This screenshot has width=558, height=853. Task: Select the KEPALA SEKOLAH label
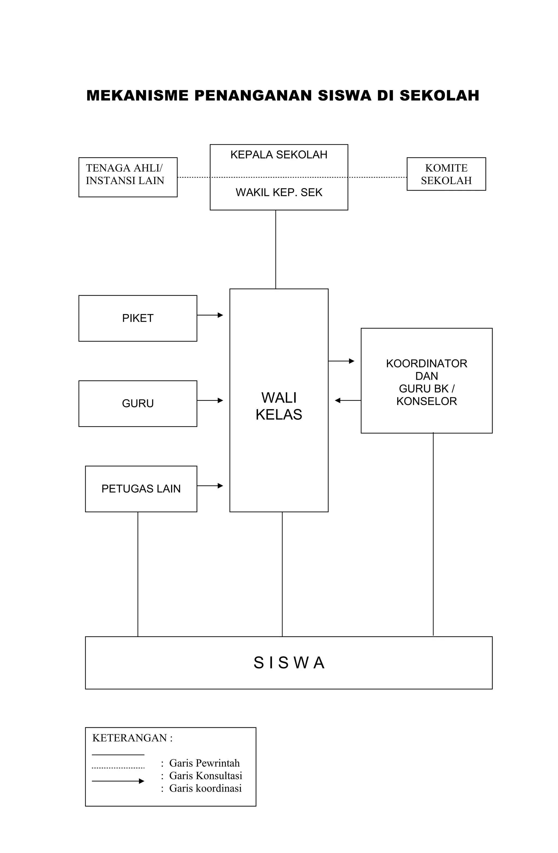pos(279,155)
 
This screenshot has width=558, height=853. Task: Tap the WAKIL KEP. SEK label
pos(279,193)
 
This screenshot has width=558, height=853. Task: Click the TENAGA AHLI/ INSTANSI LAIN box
pos(128,177)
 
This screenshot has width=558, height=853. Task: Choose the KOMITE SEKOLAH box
pos(446,174)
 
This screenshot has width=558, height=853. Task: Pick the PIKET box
pos(138,318)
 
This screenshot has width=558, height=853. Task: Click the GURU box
pos(138,404)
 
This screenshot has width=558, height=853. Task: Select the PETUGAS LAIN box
pos(141,489)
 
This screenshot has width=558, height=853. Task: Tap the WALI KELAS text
pos(279,406)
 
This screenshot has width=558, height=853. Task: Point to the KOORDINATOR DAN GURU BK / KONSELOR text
pos(426,382)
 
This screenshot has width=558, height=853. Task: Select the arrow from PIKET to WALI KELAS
pos(210,315)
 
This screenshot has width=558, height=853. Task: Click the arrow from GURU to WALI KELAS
pos(210,400)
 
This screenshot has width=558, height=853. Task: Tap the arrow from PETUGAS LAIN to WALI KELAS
pos(210,486)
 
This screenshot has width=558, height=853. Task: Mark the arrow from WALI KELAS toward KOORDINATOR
pos(341,361)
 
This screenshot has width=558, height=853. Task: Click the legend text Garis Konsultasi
pos(205,776)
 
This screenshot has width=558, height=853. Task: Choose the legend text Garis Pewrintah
pos(204,763)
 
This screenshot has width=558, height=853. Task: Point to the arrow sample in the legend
pos(118,781)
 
